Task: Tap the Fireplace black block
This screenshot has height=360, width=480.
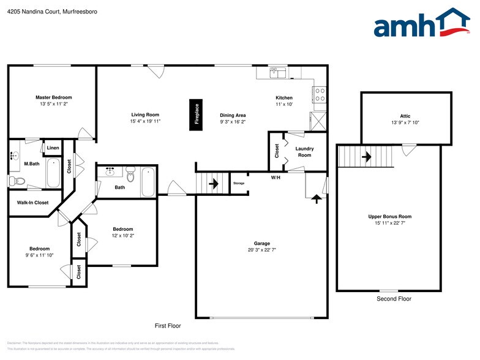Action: tap(197, 114)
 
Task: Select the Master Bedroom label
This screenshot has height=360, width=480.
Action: tap(53, 97)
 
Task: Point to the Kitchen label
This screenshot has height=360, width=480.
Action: tap(284, 98)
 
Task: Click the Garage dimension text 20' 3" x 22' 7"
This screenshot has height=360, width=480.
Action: tap(262, 250)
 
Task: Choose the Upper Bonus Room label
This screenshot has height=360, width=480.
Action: tap(389, 216)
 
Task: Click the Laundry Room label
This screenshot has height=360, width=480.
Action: tap(304, 152)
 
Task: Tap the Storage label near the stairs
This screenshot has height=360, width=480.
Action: tap(239, 183)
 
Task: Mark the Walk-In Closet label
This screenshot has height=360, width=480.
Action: tap(32, 203)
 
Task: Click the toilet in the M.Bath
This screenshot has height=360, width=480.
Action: tap(19, 180)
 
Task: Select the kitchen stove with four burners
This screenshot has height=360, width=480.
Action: tap(319, 94)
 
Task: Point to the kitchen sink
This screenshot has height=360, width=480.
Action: tap(279, 73)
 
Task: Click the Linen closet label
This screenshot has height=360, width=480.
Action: tap(53, 148)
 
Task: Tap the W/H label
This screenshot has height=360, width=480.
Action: tap(276, 178)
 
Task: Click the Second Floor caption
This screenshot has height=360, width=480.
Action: tap(394, 299)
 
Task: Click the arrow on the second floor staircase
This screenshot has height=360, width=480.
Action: tap(366, 156)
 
